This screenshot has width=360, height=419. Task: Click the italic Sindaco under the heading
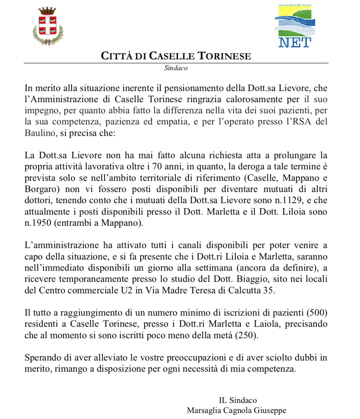(x=176, y=68)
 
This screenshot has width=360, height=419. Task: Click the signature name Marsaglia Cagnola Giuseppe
(x=236, y=410)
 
